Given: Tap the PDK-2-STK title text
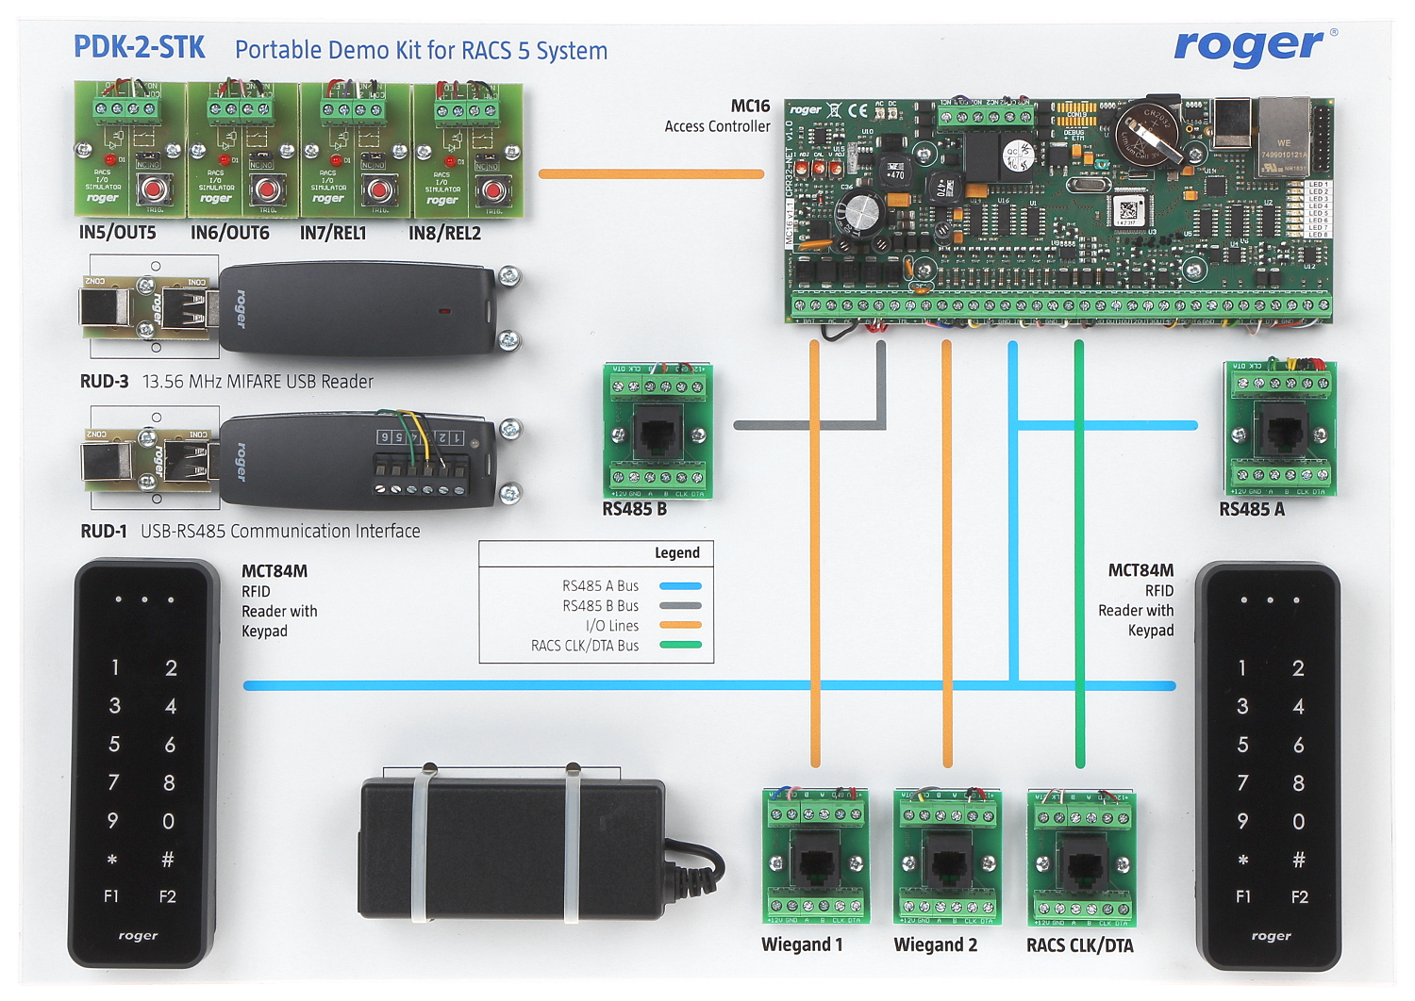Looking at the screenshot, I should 139,48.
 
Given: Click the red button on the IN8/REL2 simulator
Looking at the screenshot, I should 491,191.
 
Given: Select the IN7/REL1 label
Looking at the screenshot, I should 333,233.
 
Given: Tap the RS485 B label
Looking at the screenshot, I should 634,510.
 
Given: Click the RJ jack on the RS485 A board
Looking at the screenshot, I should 1280,431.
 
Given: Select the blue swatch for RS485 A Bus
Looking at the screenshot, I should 680,586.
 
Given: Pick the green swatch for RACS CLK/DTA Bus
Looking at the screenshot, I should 680,646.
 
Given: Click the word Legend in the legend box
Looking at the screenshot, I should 676,553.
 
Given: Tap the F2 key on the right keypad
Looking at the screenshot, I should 1299,897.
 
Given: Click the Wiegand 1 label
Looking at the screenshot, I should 802,945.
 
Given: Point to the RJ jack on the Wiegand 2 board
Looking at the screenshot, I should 946,861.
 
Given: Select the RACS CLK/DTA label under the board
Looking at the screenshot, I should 1079,945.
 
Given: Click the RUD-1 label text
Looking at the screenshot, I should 104,532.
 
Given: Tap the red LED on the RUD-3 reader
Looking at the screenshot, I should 444,310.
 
